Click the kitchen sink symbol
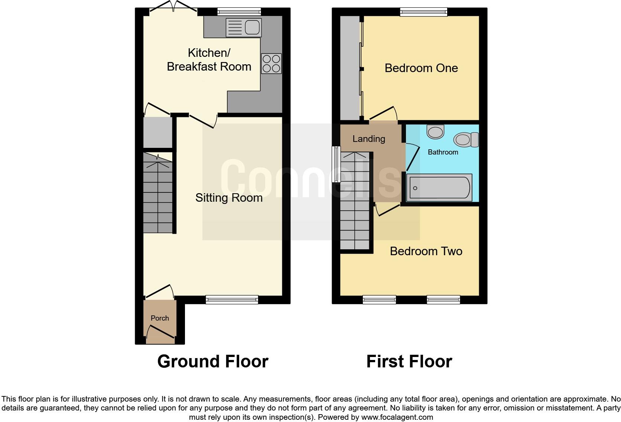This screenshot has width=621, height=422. click(x=244, y=27)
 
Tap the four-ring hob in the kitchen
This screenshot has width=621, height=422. click(x=271, y=64)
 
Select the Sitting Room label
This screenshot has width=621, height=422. click(x=229, y=198)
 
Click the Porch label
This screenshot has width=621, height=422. click(x=160, y=318)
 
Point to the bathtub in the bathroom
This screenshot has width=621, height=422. click(x=439, y=188)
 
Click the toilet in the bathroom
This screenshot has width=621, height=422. click(x=466, y=140)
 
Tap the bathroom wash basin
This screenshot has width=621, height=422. click(x=435, y=132)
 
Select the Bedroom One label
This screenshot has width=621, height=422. click(x=421, y=68)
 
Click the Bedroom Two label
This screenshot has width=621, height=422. click(x=426, y=251)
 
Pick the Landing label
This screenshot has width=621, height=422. click(x=368, y=139)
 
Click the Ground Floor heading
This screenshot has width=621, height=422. click(x=212, y=361)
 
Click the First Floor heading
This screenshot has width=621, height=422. click(x=409, y=361)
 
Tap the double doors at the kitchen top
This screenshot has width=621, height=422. click(x=173, y=8)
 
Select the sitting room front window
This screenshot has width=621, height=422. click(x=232, y=299)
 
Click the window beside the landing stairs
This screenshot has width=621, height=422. click(x=336, y=164)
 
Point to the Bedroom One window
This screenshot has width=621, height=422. click(x=423, y=12)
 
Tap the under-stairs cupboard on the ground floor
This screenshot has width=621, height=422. click(x=158, y=132)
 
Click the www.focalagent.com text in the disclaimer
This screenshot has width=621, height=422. click(x=397, y=417)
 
